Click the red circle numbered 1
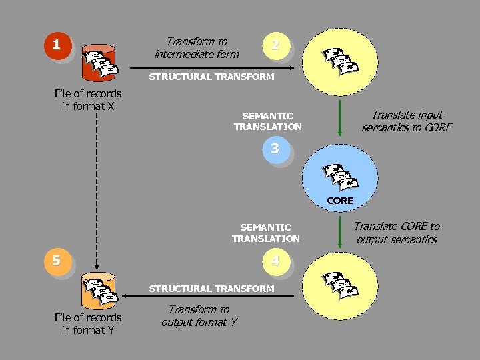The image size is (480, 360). pos(57,45)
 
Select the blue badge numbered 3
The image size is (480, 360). pos(275,149)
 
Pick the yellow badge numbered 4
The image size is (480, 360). pos(275,260)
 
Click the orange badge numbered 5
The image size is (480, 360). pos(57,260)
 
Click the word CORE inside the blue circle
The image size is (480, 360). pos(340,200)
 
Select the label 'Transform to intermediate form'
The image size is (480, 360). pos(197,48)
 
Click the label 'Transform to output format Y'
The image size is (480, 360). pos(199,316)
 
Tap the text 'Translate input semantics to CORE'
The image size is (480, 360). pos(407,121)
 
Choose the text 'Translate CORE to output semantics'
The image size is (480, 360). pos(397,233)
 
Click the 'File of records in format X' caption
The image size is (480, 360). pos(88,100)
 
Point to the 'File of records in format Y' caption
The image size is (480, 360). pos(88,324)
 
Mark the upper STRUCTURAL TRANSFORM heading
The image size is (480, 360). pos(211,77)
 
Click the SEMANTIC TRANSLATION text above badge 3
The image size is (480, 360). pos(267,121)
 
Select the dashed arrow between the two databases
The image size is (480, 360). pos(97,193)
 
